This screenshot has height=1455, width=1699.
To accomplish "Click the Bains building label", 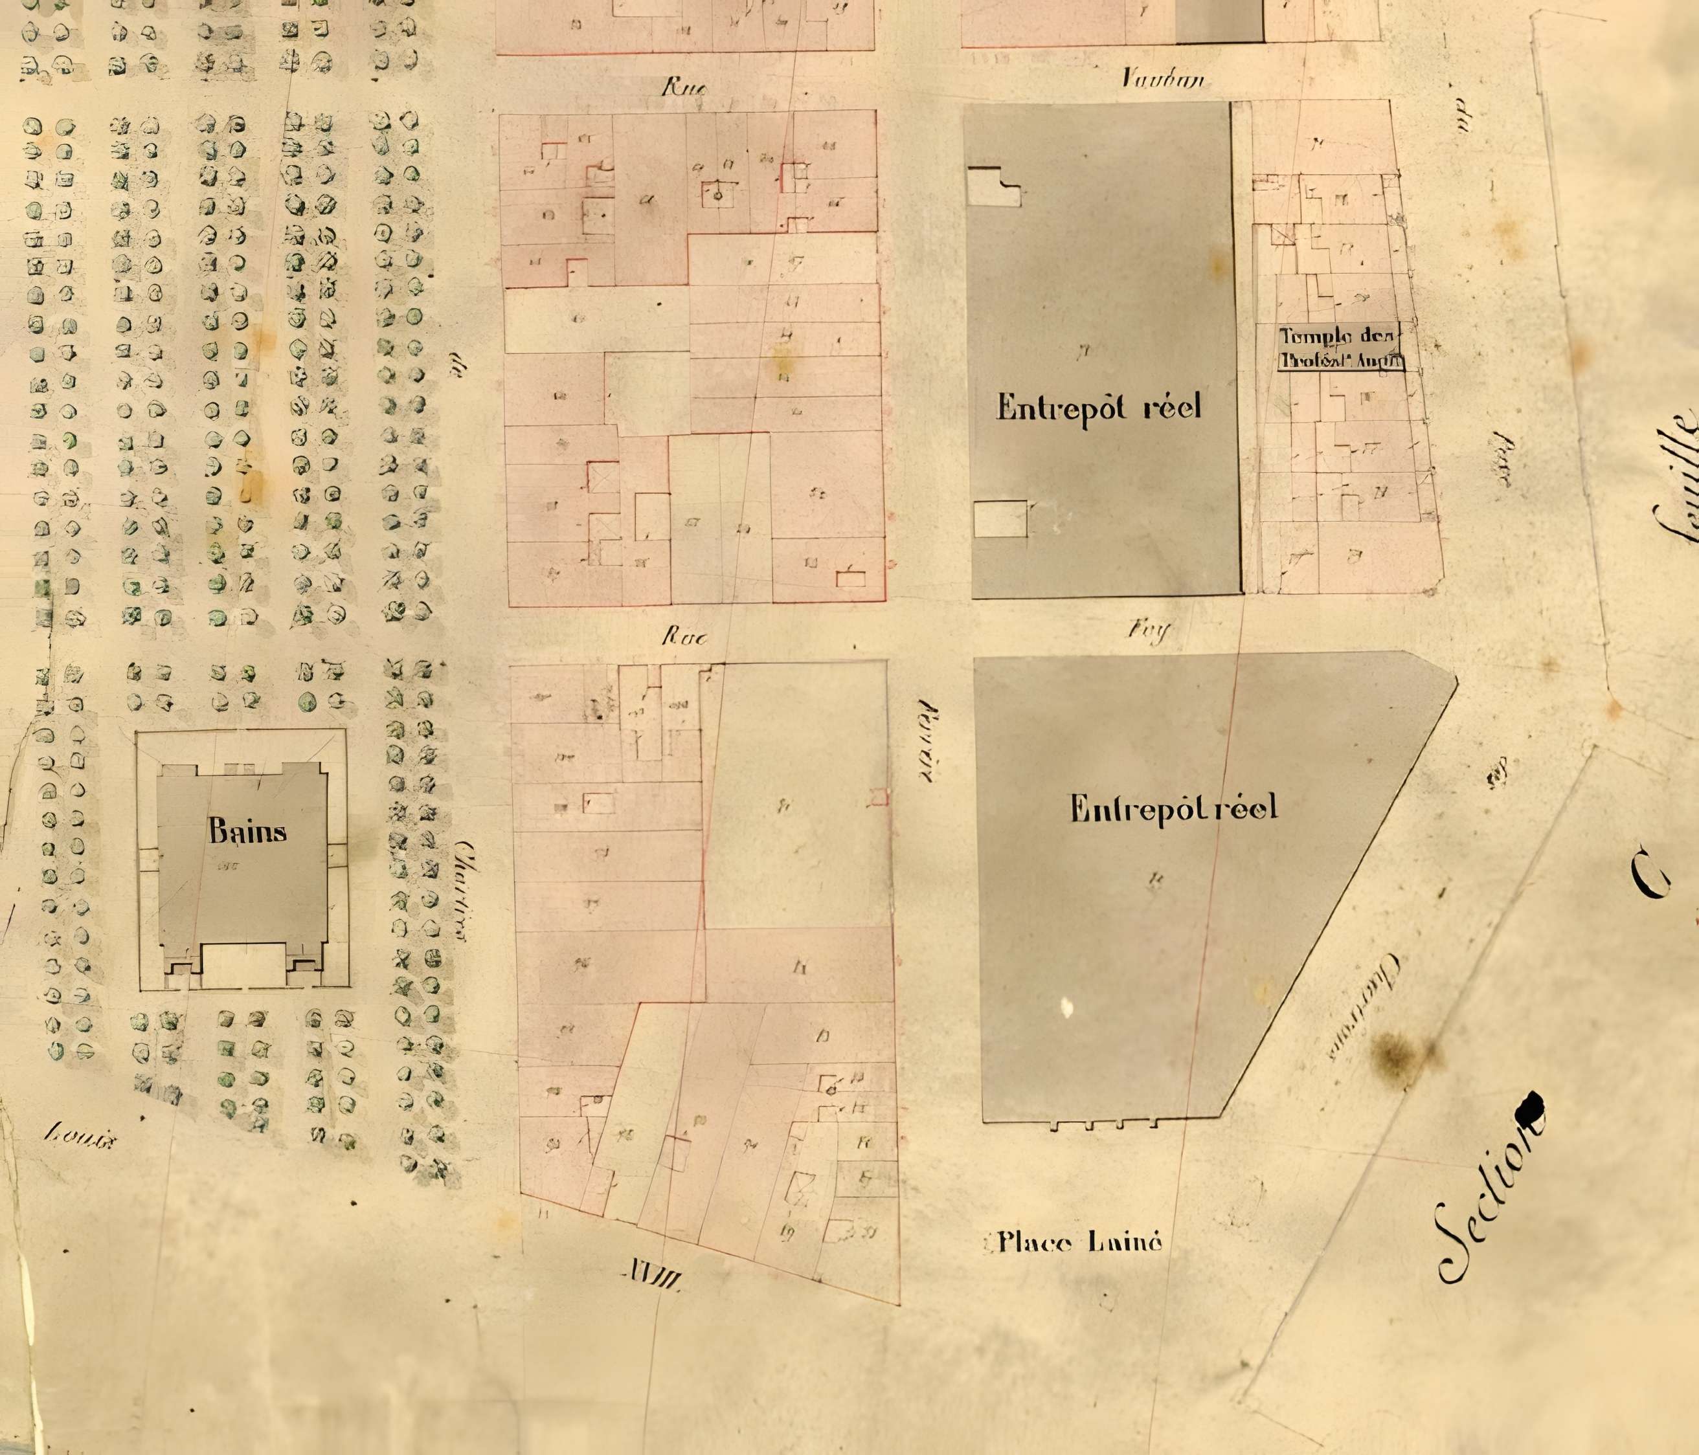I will pos(247,831).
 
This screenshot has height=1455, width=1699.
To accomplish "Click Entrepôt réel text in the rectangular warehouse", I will pos(1098,406).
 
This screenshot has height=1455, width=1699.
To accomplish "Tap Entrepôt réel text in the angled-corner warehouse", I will pos(1173,809).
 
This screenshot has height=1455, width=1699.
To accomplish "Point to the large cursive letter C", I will pos(1650,874).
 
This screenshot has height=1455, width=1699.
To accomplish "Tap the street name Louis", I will pos(79,1136).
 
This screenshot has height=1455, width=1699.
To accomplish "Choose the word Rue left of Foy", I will pos(684,636).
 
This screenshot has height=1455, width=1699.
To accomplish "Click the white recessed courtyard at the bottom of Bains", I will pos(243,965).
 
